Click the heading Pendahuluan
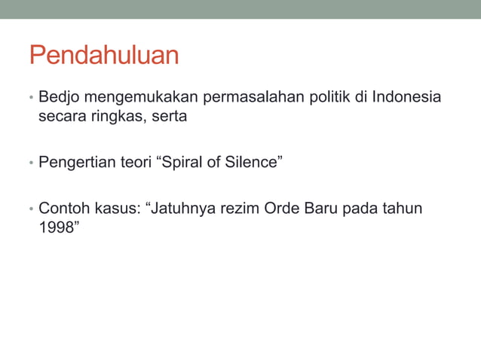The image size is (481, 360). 104,56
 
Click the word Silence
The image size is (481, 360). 253,161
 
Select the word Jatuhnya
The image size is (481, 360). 183,207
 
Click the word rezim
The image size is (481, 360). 240,207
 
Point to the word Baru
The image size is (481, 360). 320,207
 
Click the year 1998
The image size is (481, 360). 56,225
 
